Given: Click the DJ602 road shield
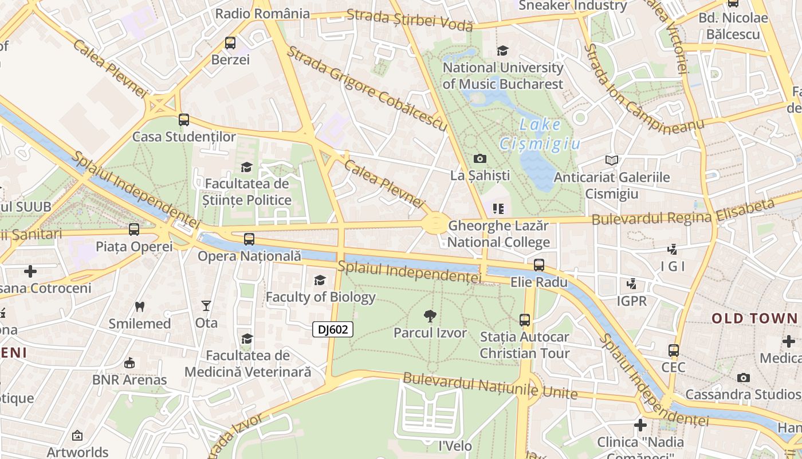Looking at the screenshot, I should tap(333, 329).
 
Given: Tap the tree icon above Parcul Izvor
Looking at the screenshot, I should tap(430, 316).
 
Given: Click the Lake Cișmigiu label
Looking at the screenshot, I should tap(540, 134).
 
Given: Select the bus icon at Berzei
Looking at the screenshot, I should tap(230, 43).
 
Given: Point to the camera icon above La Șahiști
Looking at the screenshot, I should tap(480, 158).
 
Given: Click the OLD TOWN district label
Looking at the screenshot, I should tap(754, 318).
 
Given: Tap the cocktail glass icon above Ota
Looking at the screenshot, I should tap(206, 306).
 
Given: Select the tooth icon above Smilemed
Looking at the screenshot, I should tap(139, 306).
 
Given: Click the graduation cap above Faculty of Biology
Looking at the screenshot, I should tap(320, 280).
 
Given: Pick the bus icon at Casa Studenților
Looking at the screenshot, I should tap(184, 120).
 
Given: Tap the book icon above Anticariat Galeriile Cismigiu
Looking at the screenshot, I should tap(612, 160).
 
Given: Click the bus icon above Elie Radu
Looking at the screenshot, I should tap(539, 265).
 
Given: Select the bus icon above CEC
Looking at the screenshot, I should tap(674, 350).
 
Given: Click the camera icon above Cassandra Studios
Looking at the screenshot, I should tap(744, 378).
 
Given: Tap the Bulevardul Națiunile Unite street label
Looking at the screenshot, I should tap(490, 386).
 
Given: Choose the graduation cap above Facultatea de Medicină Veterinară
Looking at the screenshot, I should tap(247, 339).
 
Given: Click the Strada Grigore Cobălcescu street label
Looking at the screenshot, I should tap(367, 88).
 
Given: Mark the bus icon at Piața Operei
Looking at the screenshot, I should tap(134, 229).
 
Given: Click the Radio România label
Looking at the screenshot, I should tap(262, 13).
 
